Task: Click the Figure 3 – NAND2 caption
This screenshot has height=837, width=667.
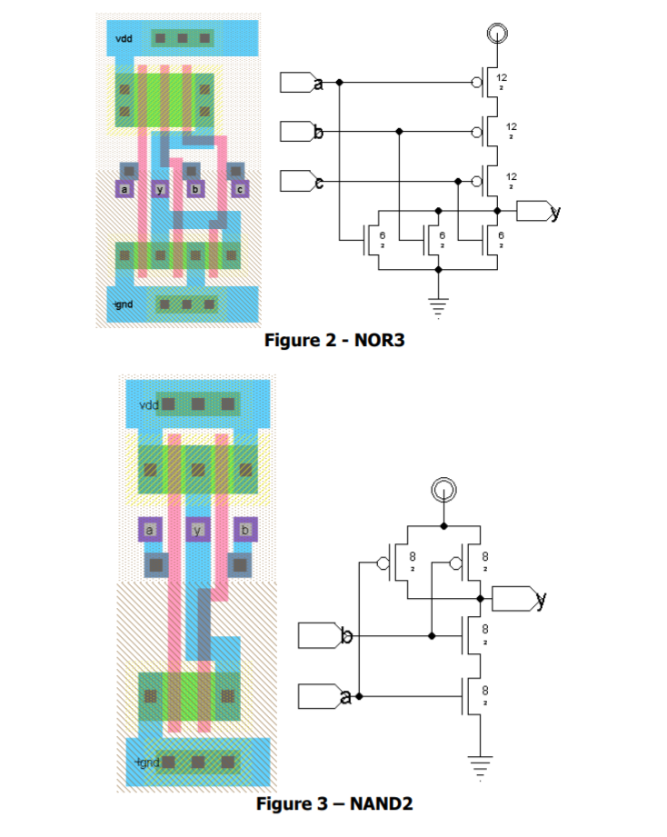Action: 334,803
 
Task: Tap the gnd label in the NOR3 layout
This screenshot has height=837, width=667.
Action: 124,304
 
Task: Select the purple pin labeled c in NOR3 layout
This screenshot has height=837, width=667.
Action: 240,189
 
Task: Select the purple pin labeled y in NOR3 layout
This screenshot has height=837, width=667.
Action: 160,189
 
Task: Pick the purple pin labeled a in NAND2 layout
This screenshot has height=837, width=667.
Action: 151,529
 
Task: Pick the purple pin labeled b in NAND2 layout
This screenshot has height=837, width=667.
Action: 245,529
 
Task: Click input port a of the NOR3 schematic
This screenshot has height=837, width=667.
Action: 300,83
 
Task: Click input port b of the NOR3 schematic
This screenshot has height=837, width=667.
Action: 300,133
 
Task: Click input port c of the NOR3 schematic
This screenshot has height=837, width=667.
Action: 300,182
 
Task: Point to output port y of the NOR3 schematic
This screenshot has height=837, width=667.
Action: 538,211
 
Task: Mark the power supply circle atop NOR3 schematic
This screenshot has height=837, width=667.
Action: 496,35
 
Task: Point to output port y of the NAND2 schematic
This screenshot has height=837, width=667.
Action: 513,599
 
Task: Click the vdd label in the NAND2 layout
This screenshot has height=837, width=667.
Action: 149,404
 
